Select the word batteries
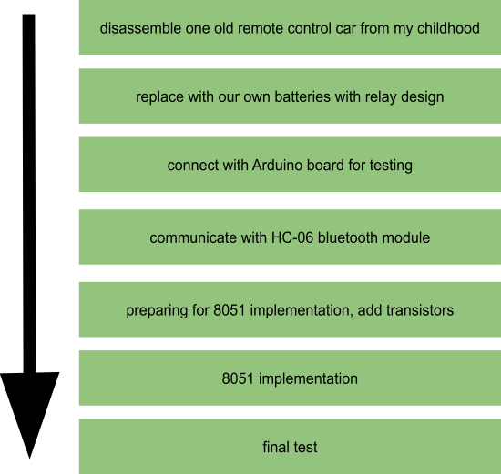(x=302, y=96)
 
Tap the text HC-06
(x=292, y=237)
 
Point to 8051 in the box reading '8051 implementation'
(x=238, y=378)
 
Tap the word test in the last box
(x=303, y=448)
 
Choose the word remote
(x=261, y=28)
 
